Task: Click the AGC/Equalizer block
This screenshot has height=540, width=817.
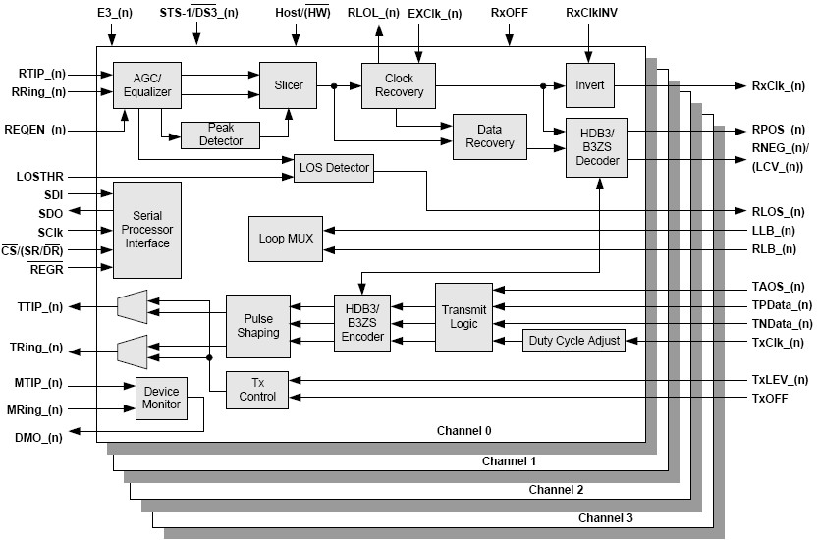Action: (x=141, y=85)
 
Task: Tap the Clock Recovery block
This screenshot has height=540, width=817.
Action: (x=399, y=85)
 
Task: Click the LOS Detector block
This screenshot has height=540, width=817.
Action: (x=334, y=168)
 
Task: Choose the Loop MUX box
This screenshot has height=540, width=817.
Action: (x=285, y=239)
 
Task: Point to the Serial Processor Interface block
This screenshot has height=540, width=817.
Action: (x=146, y=229)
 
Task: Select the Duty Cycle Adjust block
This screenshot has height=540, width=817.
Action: (x=573, y=340)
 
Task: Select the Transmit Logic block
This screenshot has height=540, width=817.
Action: (x=462, y=317)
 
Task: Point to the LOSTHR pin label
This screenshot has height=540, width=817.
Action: (x=41, y=176)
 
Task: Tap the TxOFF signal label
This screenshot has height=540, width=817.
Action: (x=770, y=397)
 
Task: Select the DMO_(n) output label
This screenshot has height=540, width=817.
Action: (x=39, y=437)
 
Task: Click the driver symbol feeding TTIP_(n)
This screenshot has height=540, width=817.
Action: (x=132, y=306)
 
